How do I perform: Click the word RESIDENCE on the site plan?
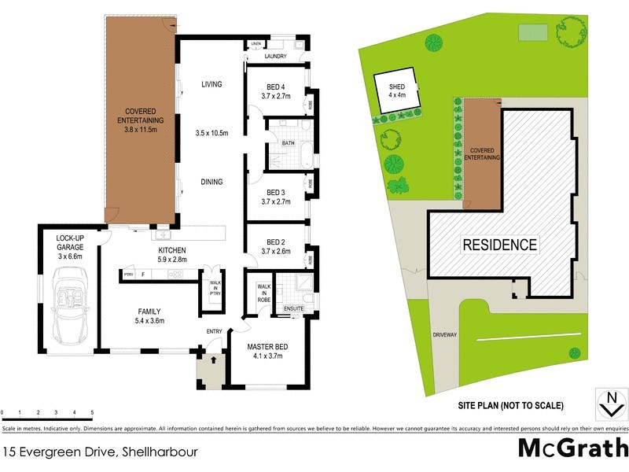(499, 245)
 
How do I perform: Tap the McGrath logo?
(572, 448)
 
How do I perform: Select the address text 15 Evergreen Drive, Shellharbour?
(99, 452)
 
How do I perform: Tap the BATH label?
(289, 143)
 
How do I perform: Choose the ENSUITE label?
(294, 309)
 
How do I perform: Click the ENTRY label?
(215, 331)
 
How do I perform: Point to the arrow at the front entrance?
(210, 361)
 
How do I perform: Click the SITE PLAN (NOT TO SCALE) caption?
(511, 406)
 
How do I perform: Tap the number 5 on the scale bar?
(92, 412)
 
